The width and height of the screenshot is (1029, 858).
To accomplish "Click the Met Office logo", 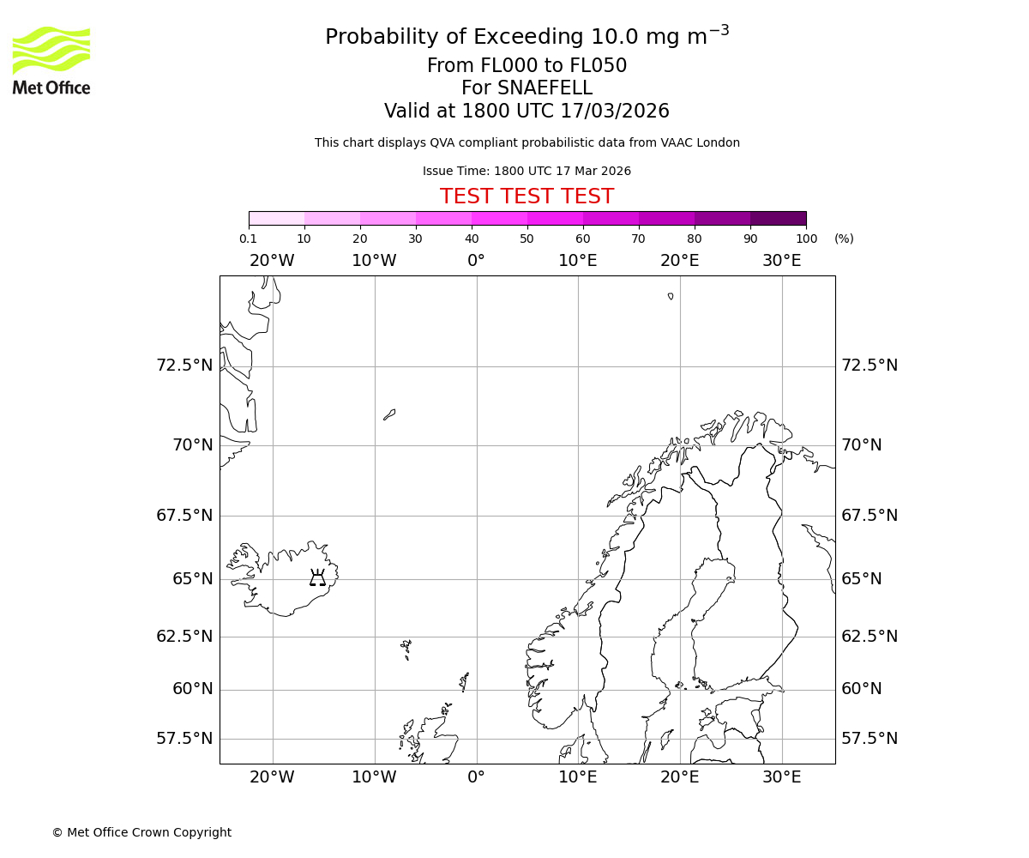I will [51, 60].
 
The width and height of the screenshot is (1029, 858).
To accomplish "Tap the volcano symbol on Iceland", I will [317, 577].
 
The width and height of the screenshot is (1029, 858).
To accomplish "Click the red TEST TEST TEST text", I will [527, 196].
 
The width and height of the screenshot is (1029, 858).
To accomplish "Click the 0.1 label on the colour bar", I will [249, 239].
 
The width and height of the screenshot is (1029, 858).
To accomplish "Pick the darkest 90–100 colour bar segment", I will [778, 218].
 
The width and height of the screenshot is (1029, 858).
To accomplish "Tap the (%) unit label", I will [844, 239].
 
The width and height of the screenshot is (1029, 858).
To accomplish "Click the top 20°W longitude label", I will [272, 261].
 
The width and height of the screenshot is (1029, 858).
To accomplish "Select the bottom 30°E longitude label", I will [781, 777].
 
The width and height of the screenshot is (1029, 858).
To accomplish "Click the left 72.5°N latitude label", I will [184, 366].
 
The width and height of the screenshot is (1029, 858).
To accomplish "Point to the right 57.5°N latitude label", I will [870, 739].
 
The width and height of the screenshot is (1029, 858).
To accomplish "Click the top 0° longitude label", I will [476, 261].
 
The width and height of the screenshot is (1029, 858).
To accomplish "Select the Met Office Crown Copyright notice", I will [141, 832].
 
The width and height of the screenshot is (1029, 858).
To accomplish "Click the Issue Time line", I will [527, 172].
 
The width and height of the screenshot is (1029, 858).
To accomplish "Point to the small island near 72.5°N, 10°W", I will [389, 414].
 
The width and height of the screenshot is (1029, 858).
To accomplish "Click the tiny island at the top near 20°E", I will [671, 296].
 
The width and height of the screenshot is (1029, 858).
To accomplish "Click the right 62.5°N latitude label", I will [870, 637].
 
